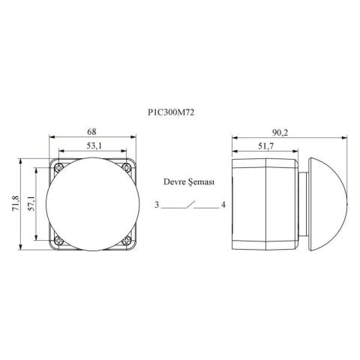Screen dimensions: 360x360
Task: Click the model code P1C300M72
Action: click(x=171, y=112)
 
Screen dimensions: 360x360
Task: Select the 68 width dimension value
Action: click(x=91, y=131)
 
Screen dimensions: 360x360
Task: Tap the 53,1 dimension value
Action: click(x=94, y=145)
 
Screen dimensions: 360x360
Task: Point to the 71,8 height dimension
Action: click(x=16, y=203)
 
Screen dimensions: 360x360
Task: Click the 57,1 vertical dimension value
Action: click(x=31, y=203)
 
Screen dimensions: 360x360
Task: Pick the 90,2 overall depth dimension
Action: click(x=280, y=133)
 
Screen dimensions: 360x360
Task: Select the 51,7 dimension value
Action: click(x=265, y=146)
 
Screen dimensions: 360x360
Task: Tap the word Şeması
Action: click(x=201, y=182)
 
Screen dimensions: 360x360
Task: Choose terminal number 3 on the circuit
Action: click(x=157, y=205)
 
